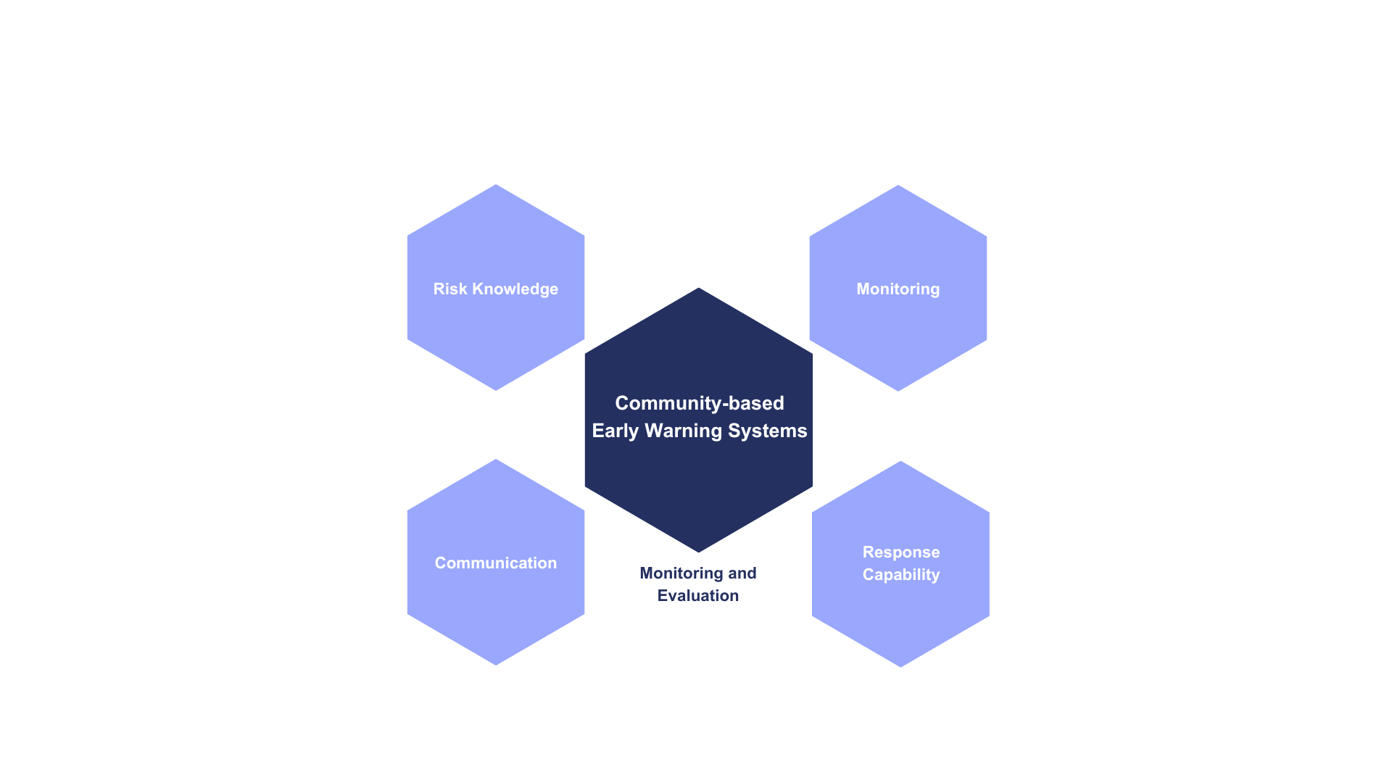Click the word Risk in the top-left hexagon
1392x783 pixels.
coord(450,289)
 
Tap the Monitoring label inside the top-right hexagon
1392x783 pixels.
coord(898,289)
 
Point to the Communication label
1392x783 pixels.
coord(496,563)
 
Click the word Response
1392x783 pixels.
coord(901,552)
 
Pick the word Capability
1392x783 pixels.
coord(901,574)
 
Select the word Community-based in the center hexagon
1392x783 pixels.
coord(700,403)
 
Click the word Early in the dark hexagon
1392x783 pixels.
coord(616,431)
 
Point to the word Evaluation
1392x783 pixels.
coord(698,596)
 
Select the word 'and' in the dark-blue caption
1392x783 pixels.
coord(742,573)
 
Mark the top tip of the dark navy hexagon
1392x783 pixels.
coord(699,288)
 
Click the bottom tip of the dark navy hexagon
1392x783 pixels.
coord(699,552)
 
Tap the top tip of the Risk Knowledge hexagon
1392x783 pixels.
coord(496,184)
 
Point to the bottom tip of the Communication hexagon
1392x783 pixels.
coord(496,665)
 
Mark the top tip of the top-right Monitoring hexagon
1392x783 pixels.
coord(898,185)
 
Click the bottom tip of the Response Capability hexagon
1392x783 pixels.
coord(900,667)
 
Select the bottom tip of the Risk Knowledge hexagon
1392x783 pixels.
coord(496,391)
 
